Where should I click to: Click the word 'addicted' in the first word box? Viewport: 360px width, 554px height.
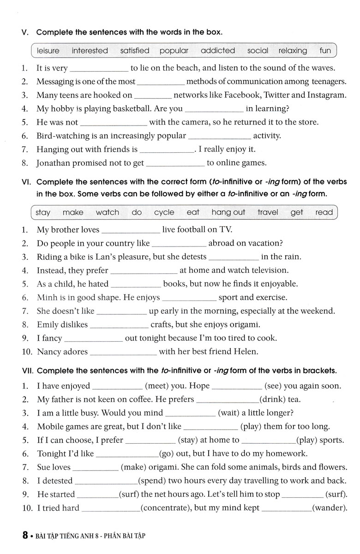(218, 51)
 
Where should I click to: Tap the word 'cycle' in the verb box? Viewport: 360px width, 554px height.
(164, 212)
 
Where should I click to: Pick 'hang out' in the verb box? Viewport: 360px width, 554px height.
(228, 212)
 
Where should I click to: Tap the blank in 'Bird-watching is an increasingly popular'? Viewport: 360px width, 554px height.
(220, 136)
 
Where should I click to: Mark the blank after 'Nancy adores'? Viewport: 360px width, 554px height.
(123, 352)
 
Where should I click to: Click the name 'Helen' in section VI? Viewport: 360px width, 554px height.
(246, 352)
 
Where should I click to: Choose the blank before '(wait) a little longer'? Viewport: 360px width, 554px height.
(190, 413)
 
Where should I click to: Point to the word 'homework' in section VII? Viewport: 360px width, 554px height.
(284, 453)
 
